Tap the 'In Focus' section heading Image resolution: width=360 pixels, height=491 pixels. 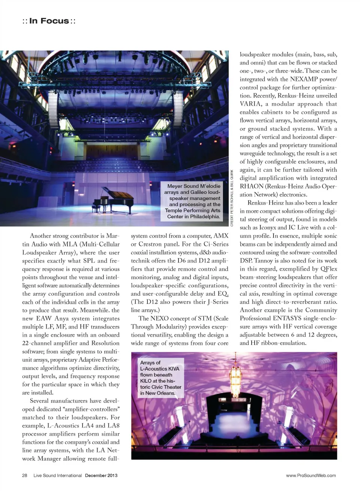pos(49,21)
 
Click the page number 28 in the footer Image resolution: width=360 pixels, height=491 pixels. pos(25,475)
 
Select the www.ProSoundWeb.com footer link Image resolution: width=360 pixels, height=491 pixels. pos(311,475)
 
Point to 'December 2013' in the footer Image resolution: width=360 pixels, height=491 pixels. pos(101,475)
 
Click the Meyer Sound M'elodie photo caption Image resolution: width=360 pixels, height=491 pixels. pos(193,201)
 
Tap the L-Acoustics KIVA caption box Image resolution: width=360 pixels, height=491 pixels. pos(160,378)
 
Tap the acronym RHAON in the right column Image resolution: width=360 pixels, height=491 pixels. pos(252,186)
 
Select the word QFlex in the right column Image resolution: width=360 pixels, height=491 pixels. pos(329,269)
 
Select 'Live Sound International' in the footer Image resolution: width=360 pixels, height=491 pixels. pos(57,475)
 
